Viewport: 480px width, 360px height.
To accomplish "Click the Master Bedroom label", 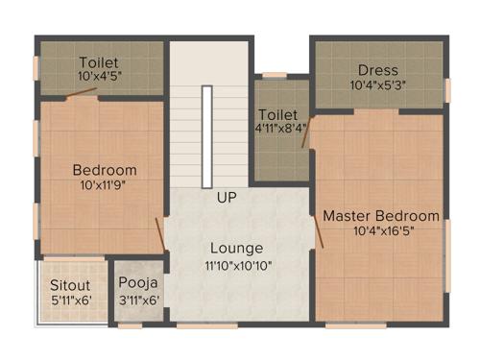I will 381,216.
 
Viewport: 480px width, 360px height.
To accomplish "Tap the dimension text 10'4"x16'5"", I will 381,231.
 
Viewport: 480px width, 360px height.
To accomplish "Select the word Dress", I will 377,70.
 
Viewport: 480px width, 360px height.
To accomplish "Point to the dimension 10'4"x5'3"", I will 377,85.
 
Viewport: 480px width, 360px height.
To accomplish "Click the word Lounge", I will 236,249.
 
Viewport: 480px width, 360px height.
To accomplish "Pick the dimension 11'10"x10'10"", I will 238,265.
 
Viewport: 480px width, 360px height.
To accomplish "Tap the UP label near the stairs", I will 227,199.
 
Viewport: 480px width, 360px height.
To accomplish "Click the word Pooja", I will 136,284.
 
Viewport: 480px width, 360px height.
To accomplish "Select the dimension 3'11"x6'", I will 136,300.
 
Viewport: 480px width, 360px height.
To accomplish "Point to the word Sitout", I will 70,285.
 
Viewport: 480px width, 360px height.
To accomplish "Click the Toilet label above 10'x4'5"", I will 99,60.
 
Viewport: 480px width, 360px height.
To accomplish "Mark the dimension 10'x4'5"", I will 99,76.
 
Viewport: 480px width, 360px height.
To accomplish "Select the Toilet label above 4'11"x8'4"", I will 277,113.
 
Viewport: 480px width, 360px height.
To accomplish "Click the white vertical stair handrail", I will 206,136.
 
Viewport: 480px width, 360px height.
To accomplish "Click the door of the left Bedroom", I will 160,233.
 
